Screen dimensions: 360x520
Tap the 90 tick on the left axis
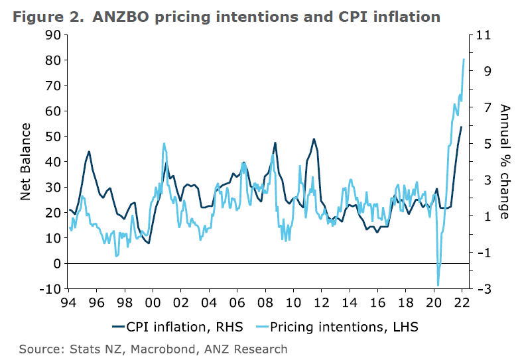[51, 34]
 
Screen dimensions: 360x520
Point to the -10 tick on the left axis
[48, 289]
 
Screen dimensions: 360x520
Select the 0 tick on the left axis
[56, 264]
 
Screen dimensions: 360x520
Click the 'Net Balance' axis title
[26, 161]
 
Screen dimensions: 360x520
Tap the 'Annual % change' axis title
[505, 161]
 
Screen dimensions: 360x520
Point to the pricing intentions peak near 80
[464, 60]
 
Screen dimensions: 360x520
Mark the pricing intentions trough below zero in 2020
[438, 284]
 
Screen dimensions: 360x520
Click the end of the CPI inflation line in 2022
[461, 127]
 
